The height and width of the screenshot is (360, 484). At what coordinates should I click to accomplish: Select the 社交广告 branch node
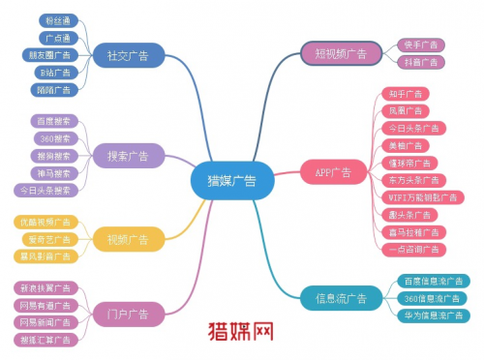point(129,54)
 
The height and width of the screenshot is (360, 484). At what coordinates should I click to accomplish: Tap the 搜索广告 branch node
point(129,155)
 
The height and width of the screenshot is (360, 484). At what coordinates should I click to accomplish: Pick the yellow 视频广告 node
point(129,239)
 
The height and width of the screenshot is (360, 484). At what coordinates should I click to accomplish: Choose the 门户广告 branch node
point(129,313)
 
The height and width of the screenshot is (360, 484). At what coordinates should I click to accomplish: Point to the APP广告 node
point(333,172)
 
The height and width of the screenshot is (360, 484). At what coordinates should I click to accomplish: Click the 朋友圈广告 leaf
point(50,54)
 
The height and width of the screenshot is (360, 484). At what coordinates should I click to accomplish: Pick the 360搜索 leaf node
point(53,138)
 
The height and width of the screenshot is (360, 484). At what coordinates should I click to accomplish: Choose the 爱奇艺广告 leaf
point(49,239)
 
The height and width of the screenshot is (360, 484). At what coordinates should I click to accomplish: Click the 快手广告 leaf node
point(419,45)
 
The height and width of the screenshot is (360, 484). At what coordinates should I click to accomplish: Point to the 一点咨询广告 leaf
point(411,249)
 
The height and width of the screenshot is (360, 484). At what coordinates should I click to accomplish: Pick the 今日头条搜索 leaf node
point(48,190)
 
